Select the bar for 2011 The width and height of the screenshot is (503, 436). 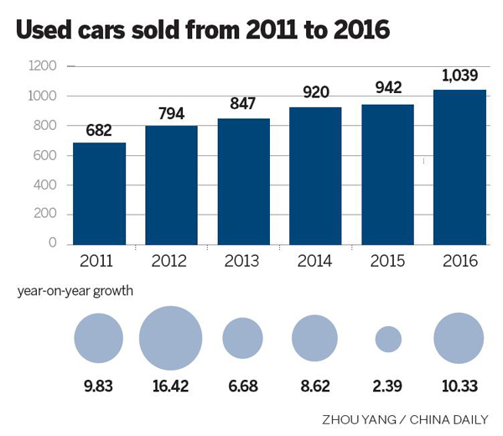tap(99, 194)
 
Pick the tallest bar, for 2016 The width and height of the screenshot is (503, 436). tap(459, 167)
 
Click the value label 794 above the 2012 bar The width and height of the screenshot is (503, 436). tap(171, 113)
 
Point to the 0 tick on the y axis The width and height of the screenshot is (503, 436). tap(52, 243)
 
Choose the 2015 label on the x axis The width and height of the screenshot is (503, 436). tap(387, 261)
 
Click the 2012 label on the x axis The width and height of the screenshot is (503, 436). tap(171, 261)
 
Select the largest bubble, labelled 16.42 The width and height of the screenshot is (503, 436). tap(171, 339)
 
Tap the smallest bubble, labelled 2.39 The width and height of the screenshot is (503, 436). tap(387, 339)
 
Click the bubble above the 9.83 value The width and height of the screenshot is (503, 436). tap(99, 339)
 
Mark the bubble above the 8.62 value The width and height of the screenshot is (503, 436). tap(315, 339)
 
